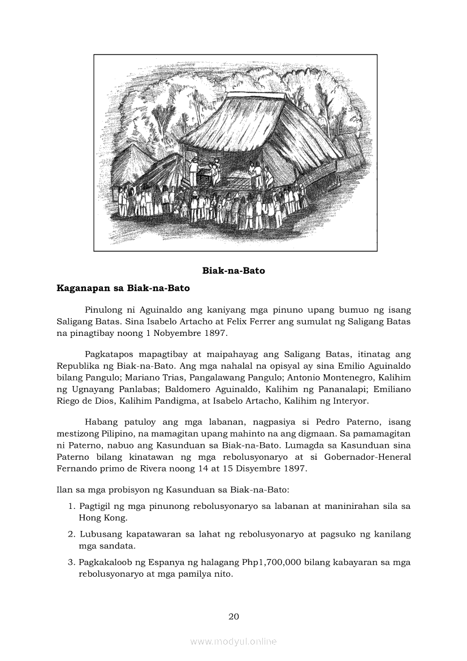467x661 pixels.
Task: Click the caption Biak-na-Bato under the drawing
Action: coord(233,271)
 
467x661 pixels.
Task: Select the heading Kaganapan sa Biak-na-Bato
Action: coord(123,288)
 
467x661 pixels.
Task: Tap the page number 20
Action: coord(233,616)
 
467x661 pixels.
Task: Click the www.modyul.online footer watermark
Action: coord(233,642)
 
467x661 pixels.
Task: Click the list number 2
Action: coord(72,534)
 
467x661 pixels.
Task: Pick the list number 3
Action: coord(72,563)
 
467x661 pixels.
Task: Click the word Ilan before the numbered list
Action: coord(64,489)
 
